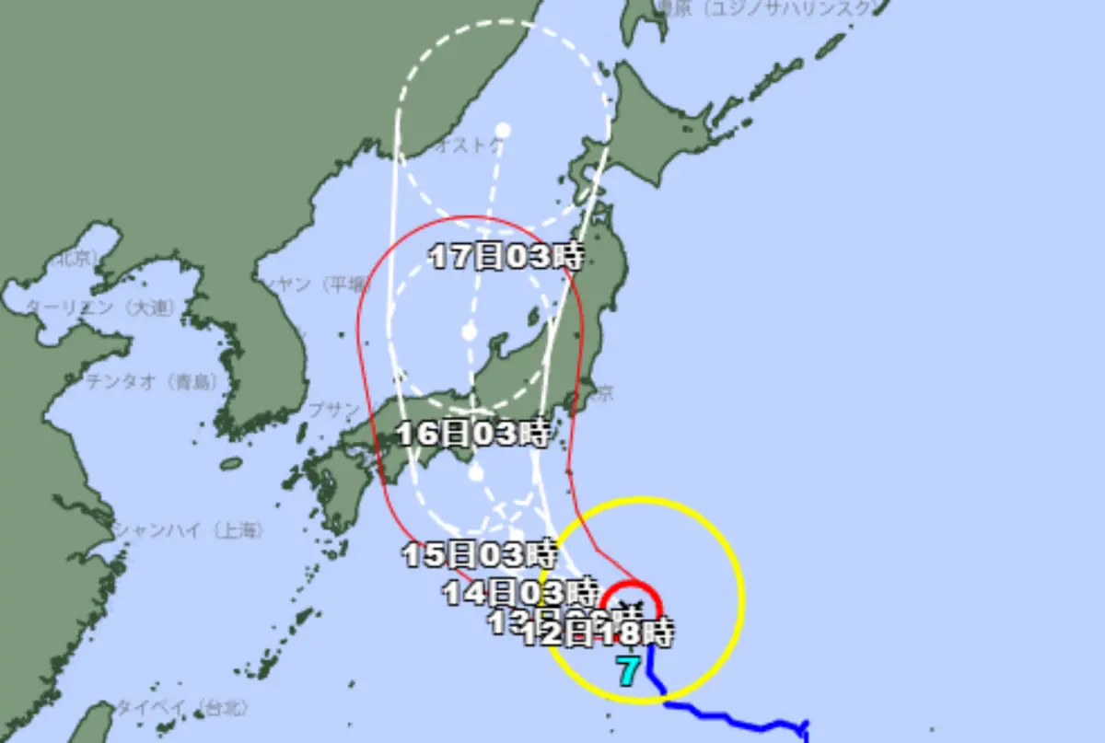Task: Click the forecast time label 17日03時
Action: pyautogui.click(x=506, y=257)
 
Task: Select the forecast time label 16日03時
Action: pyautogui.click(x=473, y=432)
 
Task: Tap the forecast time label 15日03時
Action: pyautogui.click(x=480, y=554)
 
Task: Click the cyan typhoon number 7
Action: pyautogui.click(x=628, y=672)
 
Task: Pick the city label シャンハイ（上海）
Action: pyautogui.click(x=188, y=530)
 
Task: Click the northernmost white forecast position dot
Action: pyautogui.click(x=503, y=130)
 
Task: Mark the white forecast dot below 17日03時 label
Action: pyautogui.click(x=470, y=331)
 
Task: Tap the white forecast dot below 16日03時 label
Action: pyautogui.click(x=476, y=474)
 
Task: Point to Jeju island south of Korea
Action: pyautogui.click(x=231, y=463)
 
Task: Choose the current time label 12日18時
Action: pyautogui.click(x=598, y=633)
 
